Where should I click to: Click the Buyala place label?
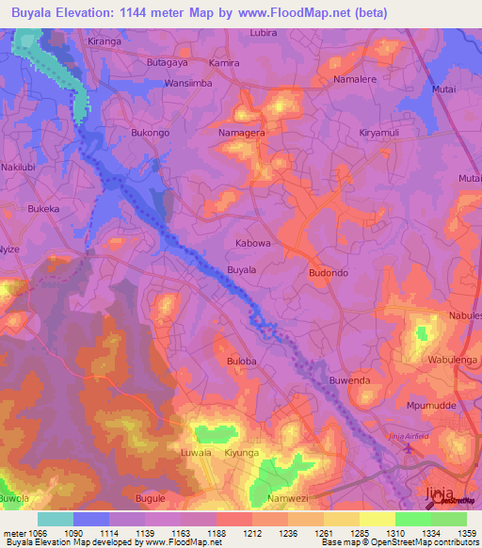242,270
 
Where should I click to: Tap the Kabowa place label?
252,242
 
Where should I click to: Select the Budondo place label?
329,272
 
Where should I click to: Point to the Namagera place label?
241,135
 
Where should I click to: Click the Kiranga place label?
104,42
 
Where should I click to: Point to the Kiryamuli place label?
381,134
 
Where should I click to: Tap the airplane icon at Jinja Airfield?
408,446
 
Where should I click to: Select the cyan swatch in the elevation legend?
55,519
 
